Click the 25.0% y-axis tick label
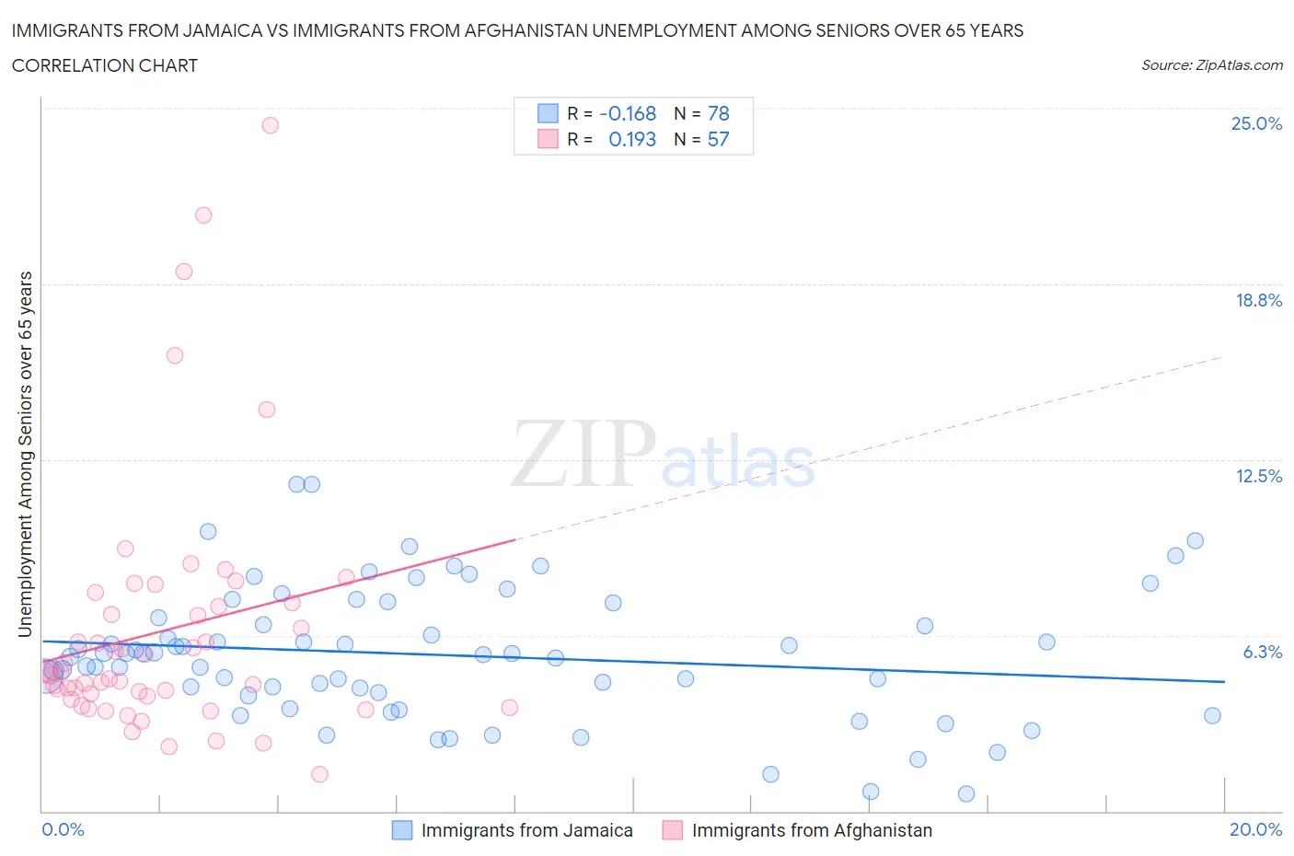[1256, 123]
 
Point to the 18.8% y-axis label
[1258, 300]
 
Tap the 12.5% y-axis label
[1258, 476]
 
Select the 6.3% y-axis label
[1262, 652]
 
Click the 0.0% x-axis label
[63, 829]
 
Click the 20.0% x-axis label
[1255, 829]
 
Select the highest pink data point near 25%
[270, 125]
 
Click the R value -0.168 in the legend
[628, 113]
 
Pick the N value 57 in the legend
[718, 139]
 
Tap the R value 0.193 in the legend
[632, 139]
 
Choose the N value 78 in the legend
[718, 113]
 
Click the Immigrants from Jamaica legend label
[526, 830]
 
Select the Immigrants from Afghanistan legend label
[812, 830]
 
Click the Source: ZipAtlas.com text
[1211, 64]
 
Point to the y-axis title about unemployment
[26, 454]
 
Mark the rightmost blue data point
[1212, 715]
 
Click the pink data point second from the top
[203, 214]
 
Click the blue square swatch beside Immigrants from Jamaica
[402, 830]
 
